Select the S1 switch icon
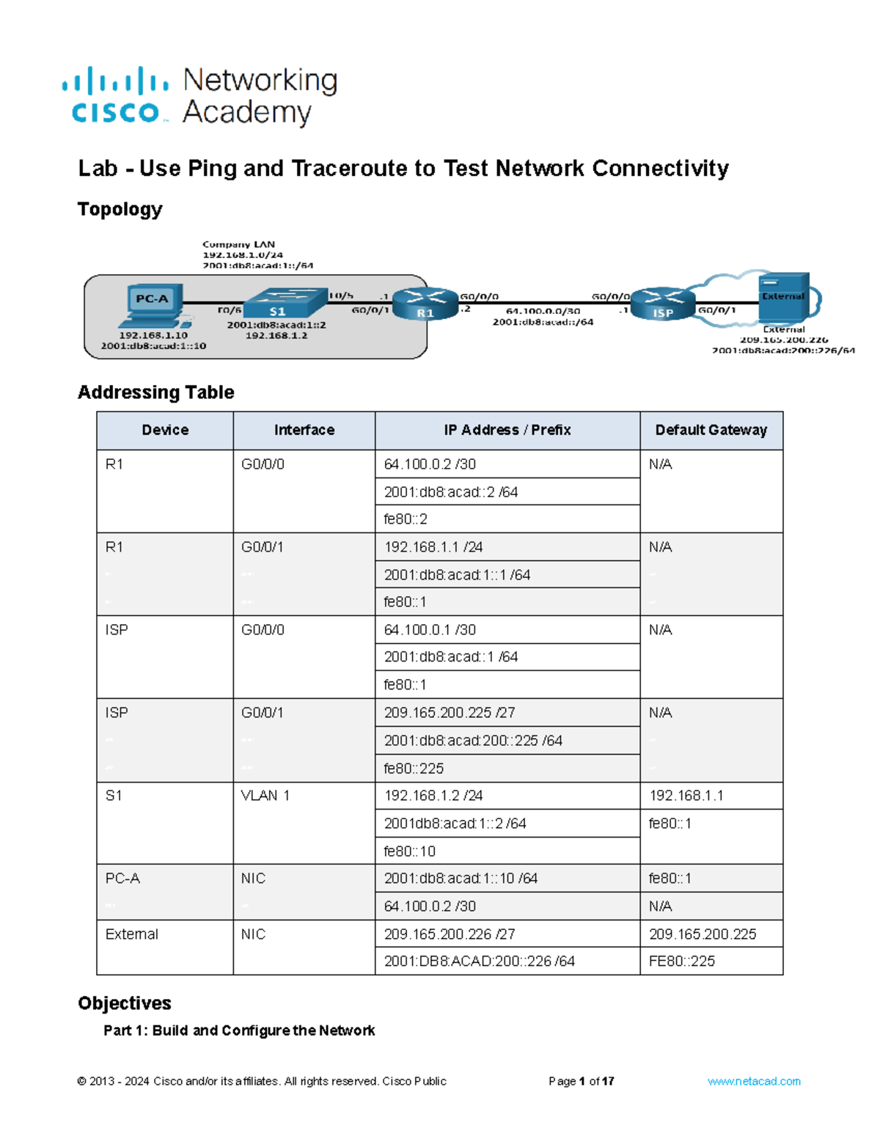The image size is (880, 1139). [285, 305]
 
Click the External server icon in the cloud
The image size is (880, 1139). [783, 298]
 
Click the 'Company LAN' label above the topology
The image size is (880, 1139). [238, 244]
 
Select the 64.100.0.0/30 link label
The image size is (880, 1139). [543, 311]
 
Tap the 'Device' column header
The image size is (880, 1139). [165, 431]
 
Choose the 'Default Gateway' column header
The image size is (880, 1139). [711, 431]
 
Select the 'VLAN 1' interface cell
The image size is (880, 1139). [265, 796]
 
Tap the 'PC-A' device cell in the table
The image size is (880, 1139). [122, 879]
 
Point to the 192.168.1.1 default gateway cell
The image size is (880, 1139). [686, 796]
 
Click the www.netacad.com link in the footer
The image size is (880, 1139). [754, 1081]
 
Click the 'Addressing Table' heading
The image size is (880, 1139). [156, 392]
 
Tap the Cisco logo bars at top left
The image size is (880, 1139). [115, 81]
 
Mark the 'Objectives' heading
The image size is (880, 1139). [125, 1003]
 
